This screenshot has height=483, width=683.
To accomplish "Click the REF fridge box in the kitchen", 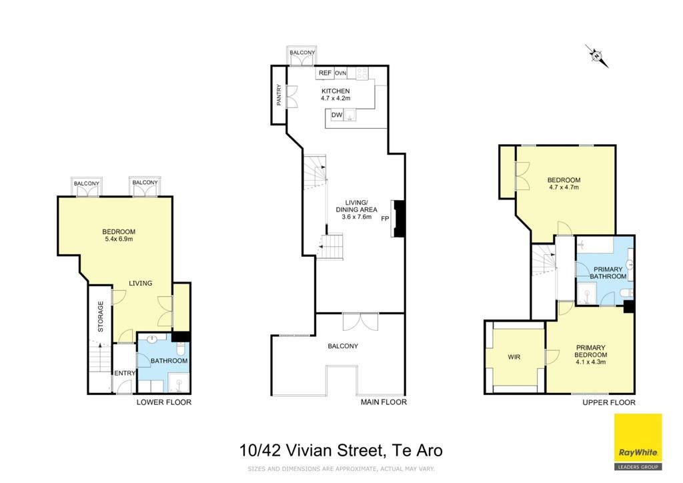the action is [x=325, y=73].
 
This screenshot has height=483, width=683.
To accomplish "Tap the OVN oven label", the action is [x=341, y=73].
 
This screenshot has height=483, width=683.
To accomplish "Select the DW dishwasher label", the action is [x=337, y=115].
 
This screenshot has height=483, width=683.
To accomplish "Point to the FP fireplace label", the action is [x=385, y=218].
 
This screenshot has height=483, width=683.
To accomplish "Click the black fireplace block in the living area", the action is [x=399, y=218].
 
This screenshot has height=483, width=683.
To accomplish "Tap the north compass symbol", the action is [x=596, y=56].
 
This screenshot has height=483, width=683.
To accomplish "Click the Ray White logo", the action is [x=638, y=442].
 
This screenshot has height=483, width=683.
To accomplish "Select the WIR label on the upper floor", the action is [x=514, y=357].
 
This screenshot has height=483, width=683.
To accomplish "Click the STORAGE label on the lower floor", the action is [x=101, y=317].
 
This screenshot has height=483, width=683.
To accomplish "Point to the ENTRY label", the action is [x=125, y=373].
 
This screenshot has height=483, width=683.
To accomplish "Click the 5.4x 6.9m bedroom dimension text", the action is [x=119, y=239].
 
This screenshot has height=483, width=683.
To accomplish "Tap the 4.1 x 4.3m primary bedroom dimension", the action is [x=591, y=362].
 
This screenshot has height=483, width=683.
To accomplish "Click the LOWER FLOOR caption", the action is [x=164, y=402].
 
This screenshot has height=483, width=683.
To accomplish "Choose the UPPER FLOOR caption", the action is [x=609, y=402].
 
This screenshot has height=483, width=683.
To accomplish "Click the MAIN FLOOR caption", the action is [x=384, y=402].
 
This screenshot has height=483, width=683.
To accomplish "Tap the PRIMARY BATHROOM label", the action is [x=608, y=273].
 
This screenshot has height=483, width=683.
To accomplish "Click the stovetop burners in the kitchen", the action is [x=362, y=73].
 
